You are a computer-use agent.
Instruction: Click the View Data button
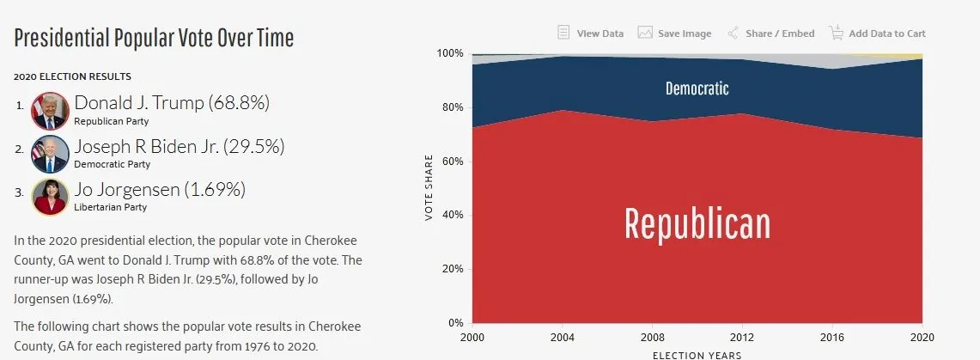(x=591, y=34)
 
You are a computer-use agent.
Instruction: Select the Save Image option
(x=675, y=34)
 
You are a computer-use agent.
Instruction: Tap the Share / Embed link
(x=770, y=34)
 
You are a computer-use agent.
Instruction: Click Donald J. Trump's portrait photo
(x=49, y=110)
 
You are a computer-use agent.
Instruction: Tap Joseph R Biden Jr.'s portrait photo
(x=49, y=153)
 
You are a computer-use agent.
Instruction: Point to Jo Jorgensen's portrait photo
(x=49, y=196)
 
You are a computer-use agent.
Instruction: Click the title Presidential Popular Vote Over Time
(x=154, y=39)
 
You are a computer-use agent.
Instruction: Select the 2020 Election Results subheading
(x=72, y=77)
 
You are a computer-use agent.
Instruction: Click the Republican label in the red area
(x=697, y=223)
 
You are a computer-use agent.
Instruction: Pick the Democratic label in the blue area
(x=697, y=88)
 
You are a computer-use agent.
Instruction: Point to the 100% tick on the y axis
(x=450, y=53)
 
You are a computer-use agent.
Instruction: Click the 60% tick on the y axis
(x=453, y=162)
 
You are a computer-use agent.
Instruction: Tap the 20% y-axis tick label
(x=453, y=269)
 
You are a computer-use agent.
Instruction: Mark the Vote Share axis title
(x=429, y=188)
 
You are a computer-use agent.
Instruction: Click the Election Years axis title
(x=696, y=354)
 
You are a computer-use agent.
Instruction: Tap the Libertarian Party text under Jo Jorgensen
(x=111, y=207)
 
